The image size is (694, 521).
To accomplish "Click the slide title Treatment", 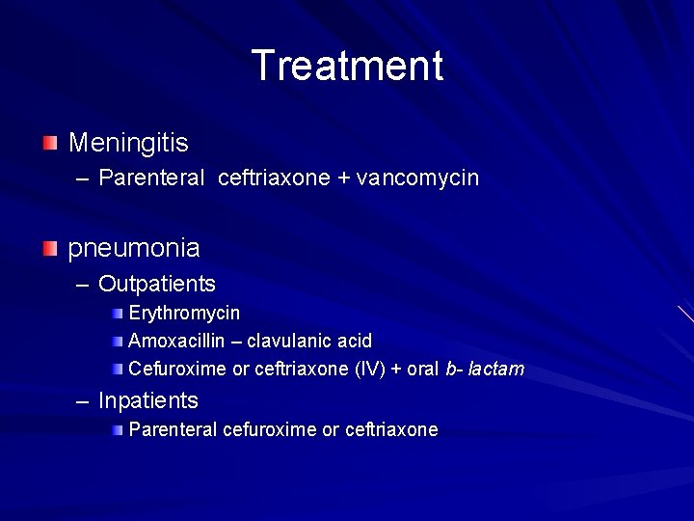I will [x=347, y=66].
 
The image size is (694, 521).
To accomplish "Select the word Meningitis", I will [x=128, y=144].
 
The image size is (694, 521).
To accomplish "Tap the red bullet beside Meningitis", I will [x=50, y=144].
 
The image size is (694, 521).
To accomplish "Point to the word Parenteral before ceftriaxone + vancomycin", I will [x=151, y=178].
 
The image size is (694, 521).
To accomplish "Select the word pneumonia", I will [x=134, y=248].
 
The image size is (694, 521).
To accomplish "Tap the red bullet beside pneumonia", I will [x=50, y=248].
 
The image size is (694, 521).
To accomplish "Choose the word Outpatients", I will [x=157, y=284].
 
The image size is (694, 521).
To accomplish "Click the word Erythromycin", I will [x=184, y=314].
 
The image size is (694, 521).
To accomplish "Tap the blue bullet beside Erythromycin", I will [x=117, y=314].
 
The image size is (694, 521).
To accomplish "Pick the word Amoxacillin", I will [x=176, y=341].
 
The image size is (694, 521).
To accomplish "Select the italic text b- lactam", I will [x=485, y=369].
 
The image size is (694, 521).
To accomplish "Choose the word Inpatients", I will [x=148, y=400].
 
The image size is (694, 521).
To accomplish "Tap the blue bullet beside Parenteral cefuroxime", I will [x=117, y=429].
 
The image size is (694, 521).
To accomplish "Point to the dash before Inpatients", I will [x=83, y=401].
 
